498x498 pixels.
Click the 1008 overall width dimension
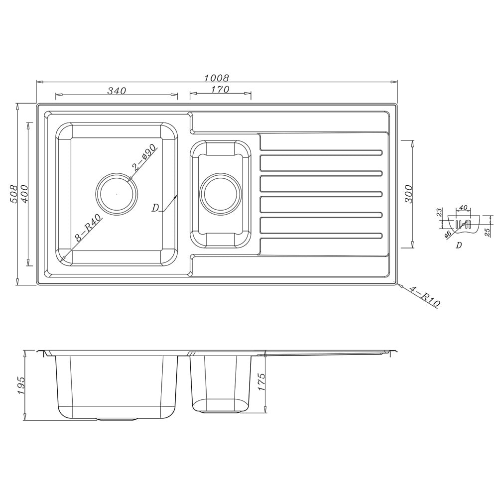pyautogui.click(x=217, y=78)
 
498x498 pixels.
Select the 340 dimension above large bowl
pyautogui.click(x=117, y=91)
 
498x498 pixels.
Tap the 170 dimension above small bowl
pyautogui.click(x=220, y=90)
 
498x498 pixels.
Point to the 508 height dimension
pyautogui.click(x=14, y=194)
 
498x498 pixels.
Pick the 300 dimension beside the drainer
pyautogui.click(x=408, y=194)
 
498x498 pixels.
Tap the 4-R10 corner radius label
pyautogui.click(x=423, y=296)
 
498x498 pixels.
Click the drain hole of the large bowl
pyautogui.click(x=117, y=193)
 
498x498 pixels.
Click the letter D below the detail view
pyautogui.click(x=459, y=245)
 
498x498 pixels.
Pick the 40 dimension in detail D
pyautogui.click(x=463, y=208)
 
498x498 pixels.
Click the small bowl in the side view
pyautogui.click(x=219, y=381)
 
